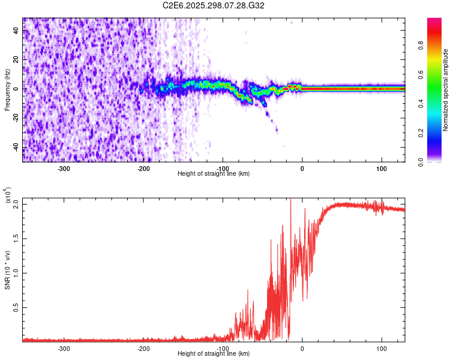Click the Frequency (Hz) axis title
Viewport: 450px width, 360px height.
[7, 90]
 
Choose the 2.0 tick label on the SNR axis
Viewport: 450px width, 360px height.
[16, 204]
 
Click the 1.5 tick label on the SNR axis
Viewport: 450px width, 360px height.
[16, 238]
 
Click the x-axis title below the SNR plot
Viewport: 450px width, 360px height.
[214, 354]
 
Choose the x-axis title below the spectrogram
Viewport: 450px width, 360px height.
[214, 173]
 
